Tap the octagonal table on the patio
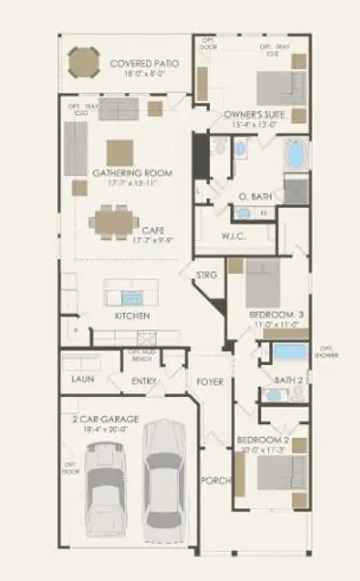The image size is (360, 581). click(x=82, y=66)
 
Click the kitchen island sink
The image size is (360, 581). click(x=133, y=295)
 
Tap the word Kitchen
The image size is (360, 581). click(x=132, y=316)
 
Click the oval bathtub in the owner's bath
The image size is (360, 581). click(x=294, y=154)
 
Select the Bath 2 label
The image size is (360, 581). click(x=288, y=380)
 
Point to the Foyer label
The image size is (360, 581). click(x=210, y=382)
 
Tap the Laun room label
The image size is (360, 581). click(x=81, y=381)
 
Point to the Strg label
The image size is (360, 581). click(x=207, y=275)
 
